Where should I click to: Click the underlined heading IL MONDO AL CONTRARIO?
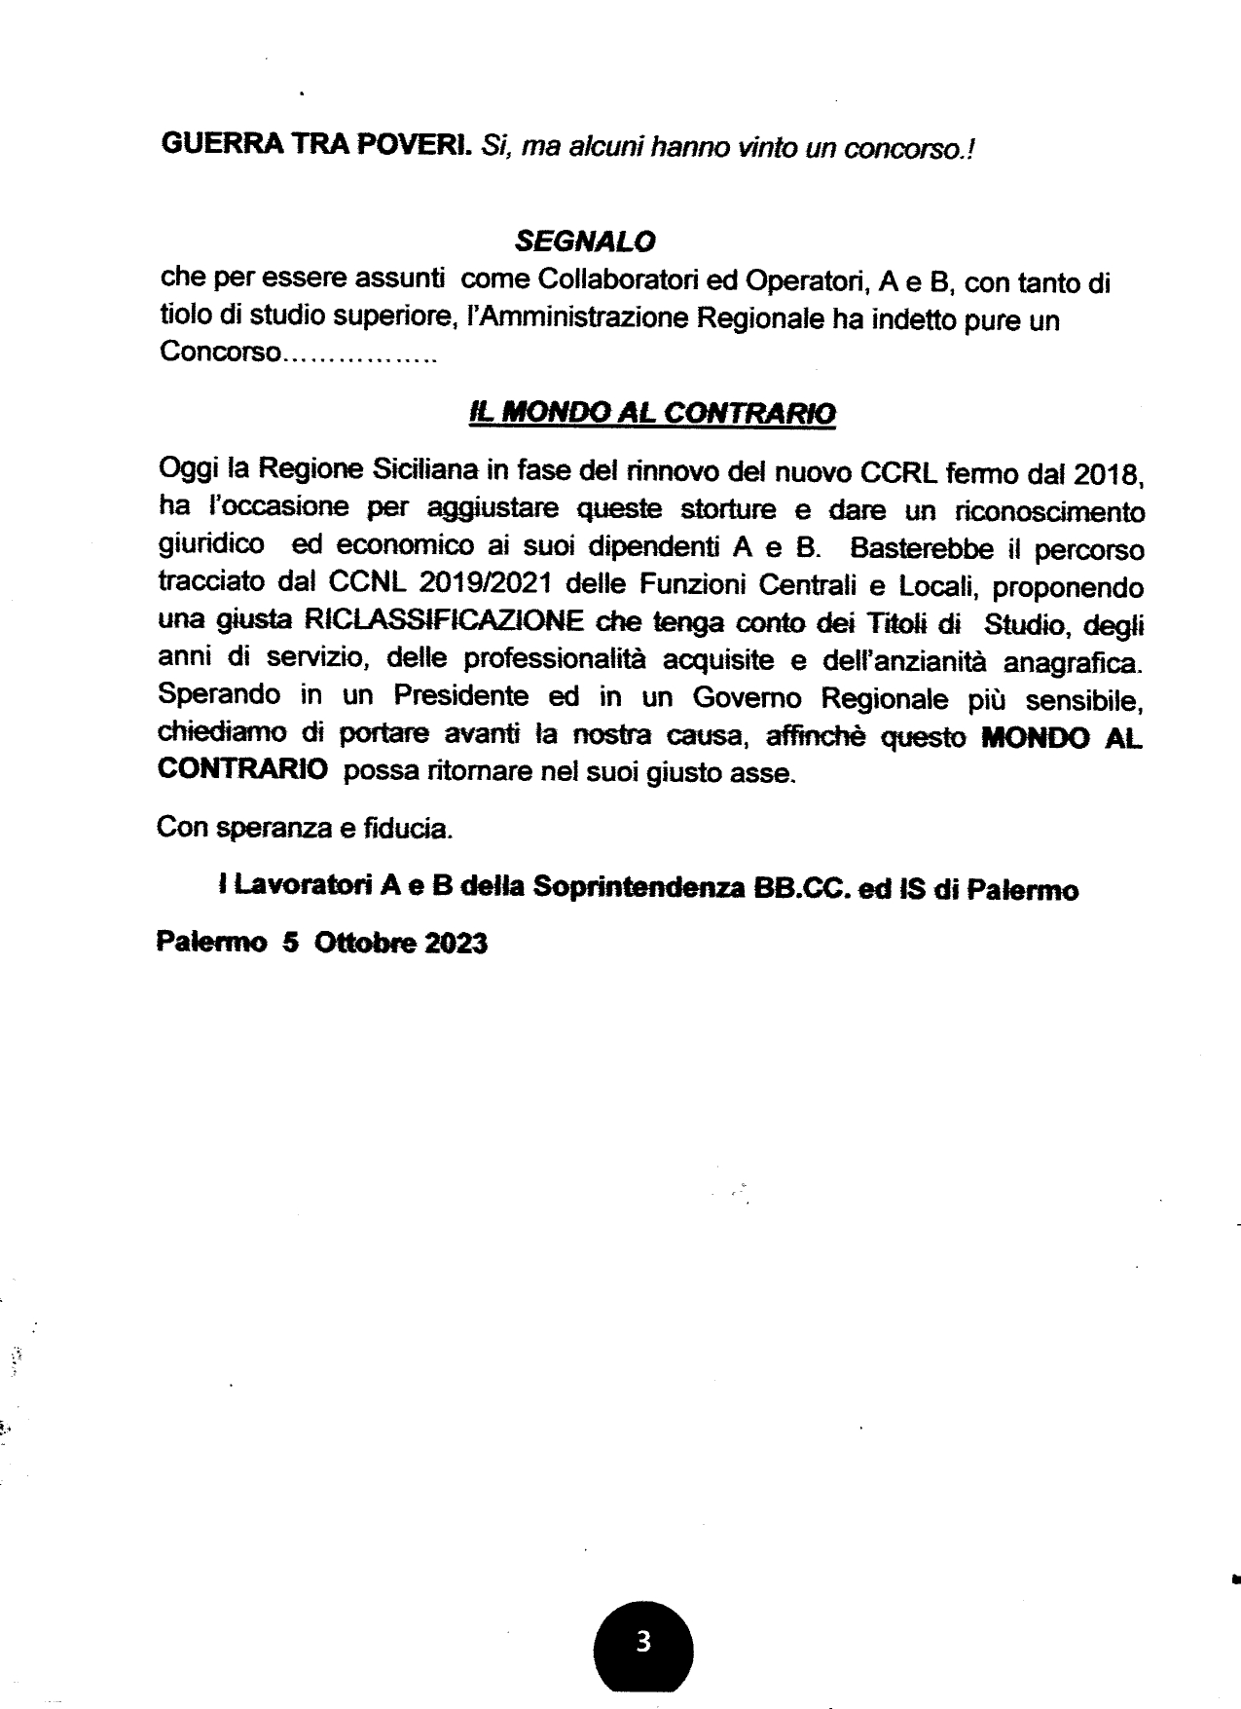652,412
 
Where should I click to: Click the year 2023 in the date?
455,944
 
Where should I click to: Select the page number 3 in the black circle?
642,1642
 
